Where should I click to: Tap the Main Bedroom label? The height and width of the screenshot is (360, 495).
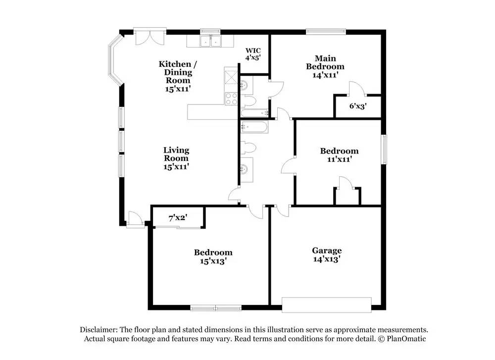(325, 62)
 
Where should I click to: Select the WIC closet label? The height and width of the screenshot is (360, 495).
(253, 51)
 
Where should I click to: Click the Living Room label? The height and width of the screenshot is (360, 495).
(176, 154)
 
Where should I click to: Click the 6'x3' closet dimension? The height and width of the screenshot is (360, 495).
(358, 105)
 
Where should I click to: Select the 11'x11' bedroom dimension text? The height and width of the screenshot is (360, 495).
(339, 159)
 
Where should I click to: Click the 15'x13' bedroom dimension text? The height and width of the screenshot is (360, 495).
(213, 261)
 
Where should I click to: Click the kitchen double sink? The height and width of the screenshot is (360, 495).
(211, 41)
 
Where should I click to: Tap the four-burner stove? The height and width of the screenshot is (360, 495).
(231, 99)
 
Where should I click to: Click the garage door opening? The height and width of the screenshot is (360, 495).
(327, 304)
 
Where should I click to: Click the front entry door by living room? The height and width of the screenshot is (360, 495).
(134, 219)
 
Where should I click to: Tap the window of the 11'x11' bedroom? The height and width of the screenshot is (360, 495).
(384, 149)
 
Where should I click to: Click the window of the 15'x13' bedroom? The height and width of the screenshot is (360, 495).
(216, 308)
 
